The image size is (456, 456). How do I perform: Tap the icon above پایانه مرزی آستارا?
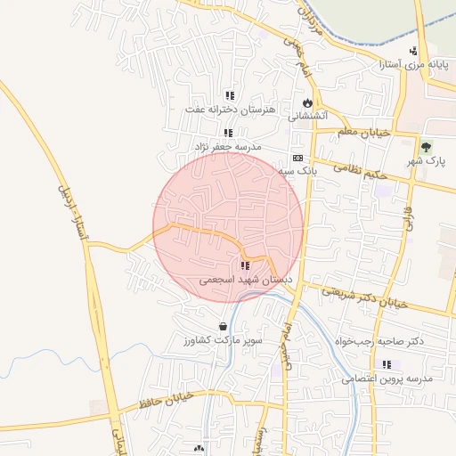click(x=413, y=51)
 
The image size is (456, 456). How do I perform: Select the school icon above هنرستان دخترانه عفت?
click(x=230, y=95)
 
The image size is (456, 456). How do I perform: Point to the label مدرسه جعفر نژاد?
click(x=227, y=145)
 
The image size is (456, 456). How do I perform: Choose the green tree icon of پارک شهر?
click(x=427, y=147)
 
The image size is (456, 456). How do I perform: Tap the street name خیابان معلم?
click(x=364, y=132)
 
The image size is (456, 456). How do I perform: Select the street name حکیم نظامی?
click(x=362, y=170)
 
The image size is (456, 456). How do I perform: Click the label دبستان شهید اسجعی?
click(x=245, y=280)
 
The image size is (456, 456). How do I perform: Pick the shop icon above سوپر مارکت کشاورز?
click(x=222, y=327)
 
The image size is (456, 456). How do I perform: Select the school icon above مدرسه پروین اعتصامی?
click(x=387, y=364)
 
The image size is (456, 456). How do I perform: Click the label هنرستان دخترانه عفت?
click(x=230, y=109)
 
